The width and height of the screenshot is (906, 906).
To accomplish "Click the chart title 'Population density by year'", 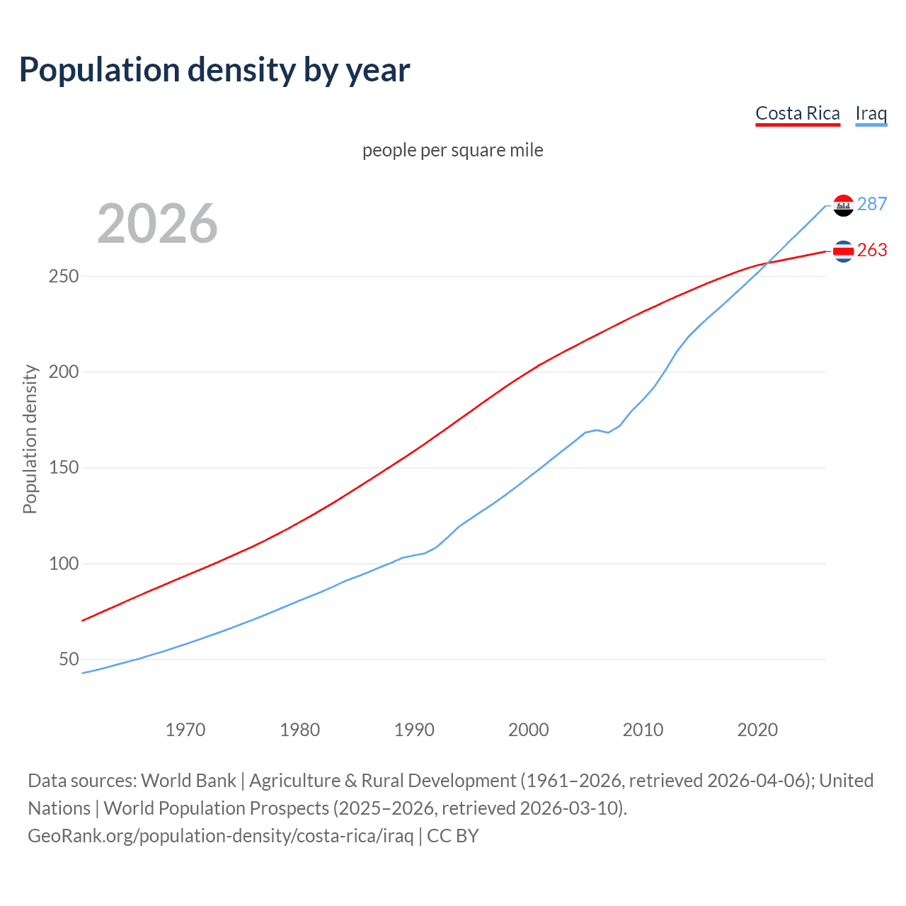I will point(214,70).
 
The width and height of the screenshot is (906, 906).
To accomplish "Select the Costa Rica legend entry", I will point(797,113).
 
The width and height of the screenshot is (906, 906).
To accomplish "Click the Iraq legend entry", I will point(871,113).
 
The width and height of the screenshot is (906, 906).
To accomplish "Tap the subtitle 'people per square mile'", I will point(452,150).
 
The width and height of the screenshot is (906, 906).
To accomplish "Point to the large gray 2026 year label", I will point(157,224).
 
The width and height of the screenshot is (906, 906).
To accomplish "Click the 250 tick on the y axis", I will point(63,276).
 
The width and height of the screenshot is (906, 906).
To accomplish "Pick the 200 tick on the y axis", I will point(63,372).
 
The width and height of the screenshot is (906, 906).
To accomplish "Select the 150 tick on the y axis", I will point(63,468).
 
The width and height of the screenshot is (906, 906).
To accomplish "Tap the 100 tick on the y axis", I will point(63,564).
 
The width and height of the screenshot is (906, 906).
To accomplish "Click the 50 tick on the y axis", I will point(69,660).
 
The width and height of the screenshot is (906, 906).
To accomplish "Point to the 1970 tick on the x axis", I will point(185,730).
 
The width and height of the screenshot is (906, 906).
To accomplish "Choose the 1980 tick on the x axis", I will point(300,730).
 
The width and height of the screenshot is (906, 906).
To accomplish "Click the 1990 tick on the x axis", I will point(414,730).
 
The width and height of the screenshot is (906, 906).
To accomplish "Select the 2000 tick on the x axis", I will point(529,730).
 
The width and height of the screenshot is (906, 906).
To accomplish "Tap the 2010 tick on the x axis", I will point(643,730).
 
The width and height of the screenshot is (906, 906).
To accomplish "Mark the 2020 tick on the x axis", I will point(757,730).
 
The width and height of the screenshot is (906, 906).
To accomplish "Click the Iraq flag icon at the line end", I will point(843,205).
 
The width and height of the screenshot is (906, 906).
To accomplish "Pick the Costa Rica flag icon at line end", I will point(843,251).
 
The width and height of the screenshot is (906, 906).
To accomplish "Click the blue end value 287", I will point(872,205).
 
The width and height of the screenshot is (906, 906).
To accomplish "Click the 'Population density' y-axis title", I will point(30,439).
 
